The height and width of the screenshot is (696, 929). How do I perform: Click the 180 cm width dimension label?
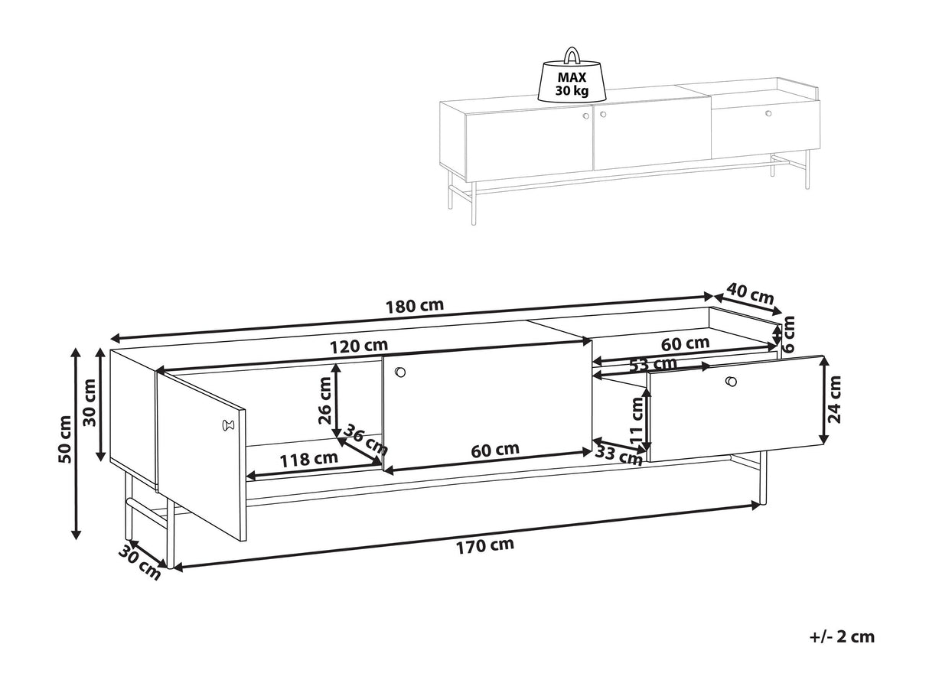415,306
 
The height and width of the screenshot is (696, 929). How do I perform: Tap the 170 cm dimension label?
486,545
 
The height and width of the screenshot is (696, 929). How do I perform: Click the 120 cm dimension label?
359,346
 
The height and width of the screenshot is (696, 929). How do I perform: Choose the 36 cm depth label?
365,440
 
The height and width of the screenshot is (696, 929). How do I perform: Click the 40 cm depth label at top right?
750,293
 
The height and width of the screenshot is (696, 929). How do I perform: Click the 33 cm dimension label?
619,456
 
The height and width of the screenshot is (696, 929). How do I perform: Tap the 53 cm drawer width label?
652,364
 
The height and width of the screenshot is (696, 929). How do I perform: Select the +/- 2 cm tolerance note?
841,636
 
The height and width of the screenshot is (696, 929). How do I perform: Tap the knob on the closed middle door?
399,372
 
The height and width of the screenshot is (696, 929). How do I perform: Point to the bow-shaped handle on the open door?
227,424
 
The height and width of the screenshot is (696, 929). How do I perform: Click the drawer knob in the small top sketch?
768,113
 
